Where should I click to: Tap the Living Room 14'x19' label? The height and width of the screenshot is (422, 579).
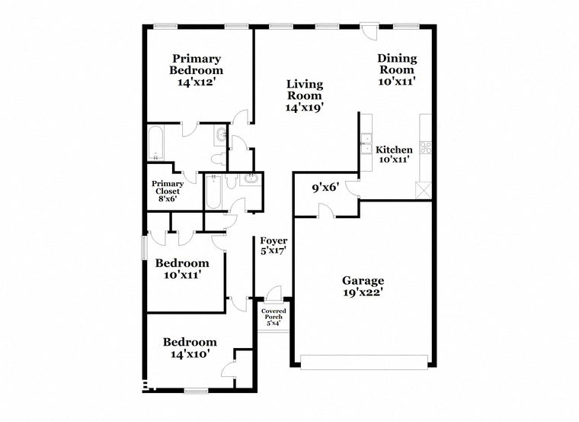coord(305,95)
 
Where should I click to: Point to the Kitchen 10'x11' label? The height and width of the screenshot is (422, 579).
coord(394,154)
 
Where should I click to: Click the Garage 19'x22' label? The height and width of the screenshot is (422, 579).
coord(363,286)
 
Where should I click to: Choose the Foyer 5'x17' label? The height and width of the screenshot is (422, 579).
coord(274,246)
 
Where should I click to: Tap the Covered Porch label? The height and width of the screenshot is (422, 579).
coord(274,317)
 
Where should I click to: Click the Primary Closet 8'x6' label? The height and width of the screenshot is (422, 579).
coord(168,191)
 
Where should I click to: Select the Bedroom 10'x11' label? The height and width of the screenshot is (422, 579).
coord(182,269)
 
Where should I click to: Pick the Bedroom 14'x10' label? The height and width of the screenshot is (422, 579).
coord(190,348)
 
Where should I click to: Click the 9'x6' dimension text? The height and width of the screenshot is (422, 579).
coord(325,188)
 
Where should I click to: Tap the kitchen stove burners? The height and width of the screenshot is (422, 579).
coord(425,147)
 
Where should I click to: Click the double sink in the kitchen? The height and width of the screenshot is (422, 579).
coord(366,143)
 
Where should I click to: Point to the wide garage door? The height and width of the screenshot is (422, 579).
coord(364,362)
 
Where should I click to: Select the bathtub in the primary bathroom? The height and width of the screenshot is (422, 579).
coord(156,143)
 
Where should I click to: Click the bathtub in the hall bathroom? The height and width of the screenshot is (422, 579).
coord(213,192)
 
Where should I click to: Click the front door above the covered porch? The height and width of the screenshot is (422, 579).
coord(274,293)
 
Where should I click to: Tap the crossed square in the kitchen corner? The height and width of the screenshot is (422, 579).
coord(423,191)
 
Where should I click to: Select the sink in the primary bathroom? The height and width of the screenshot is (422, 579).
coord(221,135)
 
